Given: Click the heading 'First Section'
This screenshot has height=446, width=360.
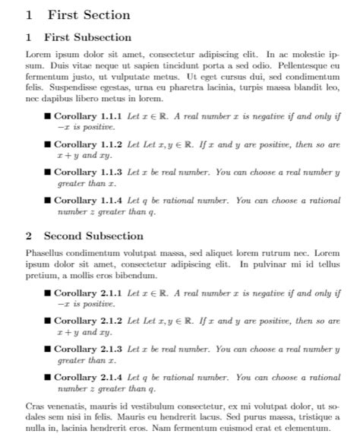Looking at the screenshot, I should coord(88,14).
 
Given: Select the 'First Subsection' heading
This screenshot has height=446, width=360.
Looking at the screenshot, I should coord(87,37).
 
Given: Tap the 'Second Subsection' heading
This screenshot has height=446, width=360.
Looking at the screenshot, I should coord(93,236).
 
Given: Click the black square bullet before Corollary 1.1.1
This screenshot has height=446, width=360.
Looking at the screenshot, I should coord(48,117).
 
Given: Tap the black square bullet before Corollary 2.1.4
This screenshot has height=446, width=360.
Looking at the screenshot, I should coord(48,377).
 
